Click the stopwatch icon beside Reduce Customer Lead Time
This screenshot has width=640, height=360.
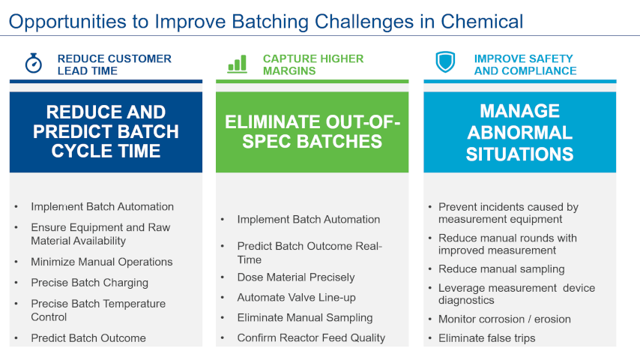[x=33, y=64]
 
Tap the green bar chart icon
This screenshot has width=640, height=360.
[x=237, y=64]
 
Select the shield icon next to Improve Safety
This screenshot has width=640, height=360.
[x=445, y=63]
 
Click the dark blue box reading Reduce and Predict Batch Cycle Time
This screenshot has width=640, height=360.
[x=106, y=132]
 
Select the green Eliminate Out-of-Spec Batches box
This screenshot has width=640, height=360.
[x=313, y=132]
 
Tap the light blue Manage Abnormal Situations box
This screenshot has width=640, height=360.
[x=519, y=132]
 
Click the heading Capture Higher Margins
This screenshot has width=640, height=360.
[x=313, y=64]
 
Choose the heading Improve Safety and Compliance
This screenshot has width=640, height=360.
[x=525, y=64]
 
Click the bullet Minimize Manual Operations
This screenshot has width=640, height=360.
[x=101, y=262]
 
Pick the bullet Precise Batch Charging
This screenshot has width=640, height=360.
[x=89, y=283]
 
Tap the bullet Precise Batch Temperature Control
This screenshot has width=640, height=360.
[x=97, y=310]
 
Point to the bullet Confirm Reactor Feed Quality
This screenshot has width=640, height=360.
[x=310, y=337]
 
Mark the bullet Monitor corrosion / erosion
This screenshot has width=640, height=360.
[x=504, y=319]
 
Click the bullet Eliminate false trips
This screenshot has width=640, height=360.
[x=486, y=338]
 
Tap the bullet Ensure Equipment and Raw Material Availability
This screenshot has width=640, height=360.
[x=100, y=234]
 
